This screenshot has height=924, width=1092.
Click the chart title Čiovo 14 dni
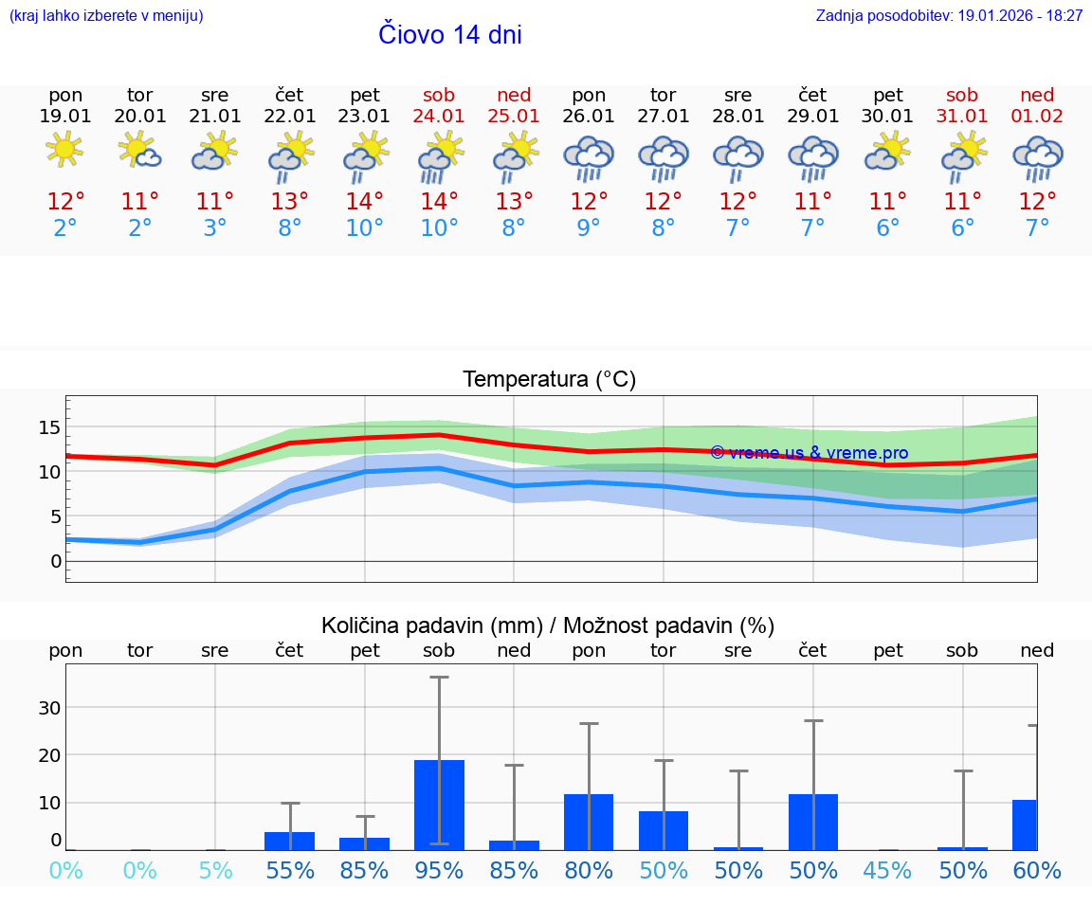(x=450, y=35)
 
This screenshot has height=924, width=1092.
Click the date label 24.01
(x=439, y=117)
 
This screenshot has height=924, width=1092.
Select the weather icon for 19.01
(x=64, y=150)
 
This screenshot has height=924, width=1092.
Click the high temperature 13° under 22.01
(x=290, y=202)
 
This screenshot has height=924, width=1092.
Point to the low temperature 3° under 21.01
(x=215, y=228)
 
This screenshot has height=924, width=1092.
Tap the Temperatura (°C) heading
(x=549, y=380)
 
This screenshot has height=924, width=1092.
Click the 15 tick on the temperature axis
(x=49, y=427)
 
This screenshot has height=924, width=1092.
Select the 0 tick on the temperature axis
(x=55, y=561)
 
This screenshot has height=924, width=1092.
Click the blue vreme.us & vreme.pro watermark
(x=810, y=453)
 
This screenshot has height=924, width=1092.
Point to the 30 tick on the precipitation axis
(x=49, y=708)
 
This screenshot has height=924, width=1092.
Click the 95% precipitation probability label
(x=439, y=871)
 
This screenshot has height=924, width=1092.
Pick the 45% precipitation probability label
(x=888, y=871)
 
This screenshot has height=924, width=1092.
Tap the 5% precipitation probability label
(x=215, y=871)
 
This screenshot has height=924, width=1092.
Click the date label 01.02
(x=1037, y=117)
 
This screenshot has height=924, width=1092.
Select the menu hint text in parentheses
(x=106, y=16)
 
